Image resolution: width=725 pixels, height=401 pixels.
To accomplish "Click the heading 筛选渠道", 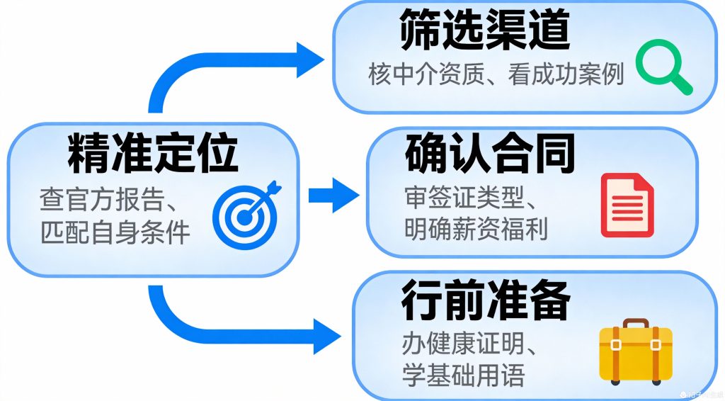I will tap(485, 32).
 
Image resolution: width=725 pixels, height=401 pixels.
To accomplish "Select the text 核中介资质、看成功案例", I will tap(496, 75).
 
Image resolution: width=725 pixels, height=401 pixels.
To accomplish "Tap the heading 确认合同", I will tap(489, 157).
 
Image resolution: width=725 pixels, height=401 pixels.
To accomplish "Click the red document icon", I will tap(627, 205).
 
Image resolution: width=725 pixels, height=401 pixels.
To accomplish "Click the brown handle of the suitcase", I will tap(636, 324).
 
